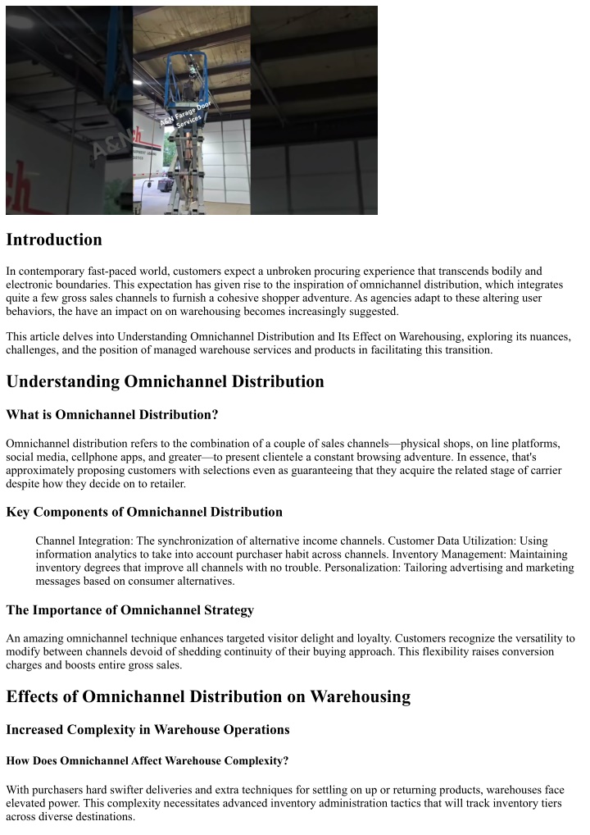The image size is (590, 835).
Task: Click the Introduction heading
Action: [x=54, y=240]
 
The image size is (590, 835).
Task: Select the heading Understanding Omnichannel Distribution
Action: [x=165, y=381]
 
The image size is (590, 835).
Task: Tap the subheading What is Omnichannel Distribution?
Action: [x=111, y=414]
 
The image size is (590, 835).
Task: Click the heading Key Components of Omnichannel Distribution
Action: [x=144, y=512]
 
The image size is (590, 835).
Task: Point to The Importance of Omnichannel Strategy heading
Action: [x=129, y=610]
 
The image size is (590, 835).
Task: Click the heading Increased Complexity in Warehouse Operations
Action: [x=147, y=729]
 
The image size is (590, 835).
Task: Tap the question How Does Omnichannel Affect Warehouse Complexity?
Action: [x=147, y=761]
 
